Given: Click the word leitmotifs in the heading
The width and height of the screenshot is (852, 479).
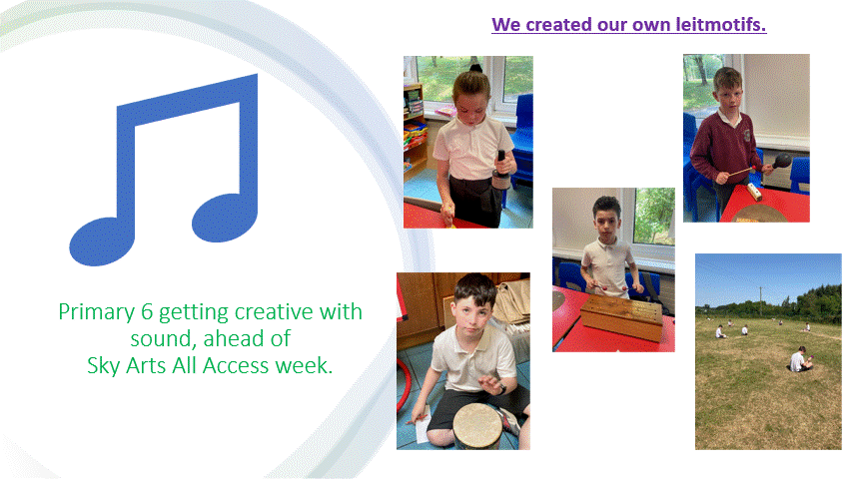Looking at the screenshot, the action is coord(720,24).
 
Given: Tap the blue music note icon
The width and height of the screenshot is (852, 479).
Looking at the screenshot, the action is coord(164,170).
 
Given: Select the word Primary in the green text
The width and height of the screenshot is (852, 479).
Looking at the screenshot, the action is coord(97,312).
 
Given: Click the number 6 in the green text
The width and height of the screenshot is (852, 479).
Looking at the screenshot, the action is coord(147,312).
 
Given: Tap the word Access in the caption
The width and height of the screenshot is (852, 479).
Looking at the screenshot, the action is coord(237,365).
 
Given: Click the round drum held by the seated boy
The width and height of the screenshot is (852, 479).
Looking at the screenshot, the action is coord(478,427).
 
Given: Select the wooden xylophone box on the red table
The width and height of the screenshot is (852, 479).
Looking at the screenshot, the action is coord(622,316).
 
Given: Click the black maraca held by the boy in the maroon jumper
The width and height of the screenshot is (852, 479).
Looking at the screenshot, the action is coord(782,161).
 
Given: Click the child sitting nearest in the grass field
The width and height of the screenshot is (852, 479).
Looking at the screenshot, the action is coord(799,359).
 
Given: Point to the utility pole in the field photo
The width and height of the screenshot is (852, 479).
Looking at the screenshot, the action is coord(761,301).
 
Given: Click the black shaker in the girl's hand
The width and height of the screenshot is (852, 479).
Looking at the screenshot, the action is coord(501,171).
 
